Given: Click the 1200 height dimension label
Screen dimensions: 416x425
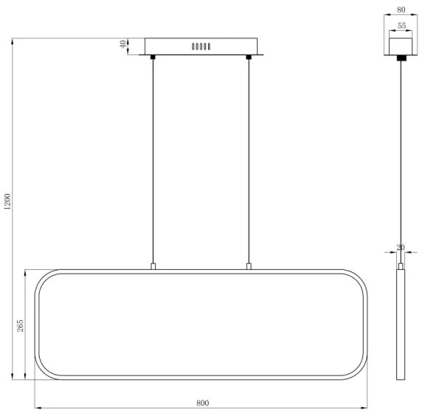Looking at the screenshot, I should (7, 201).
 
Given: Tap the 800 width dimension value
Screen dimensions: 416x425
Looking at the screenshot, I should (203, 403).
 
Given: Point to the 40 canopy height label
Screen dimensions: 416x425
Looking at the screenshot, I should (123, 46).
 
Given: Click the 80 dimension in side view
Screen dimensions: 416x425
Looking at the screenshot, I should (401, 10).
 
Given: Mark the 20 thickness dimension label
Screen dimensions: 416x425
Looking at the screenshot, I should (401, 247).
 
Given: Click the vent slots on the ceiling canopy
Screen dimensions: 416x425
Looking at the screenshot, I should (201, 46).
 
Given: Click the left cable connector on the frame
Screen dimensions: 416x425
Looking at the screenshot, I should (153, 266).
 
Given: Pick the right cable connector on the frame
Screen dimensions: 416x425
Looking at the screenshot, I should (249, 266).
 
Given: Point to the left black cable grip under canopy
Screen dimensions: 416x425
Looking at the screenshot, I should (153, 56).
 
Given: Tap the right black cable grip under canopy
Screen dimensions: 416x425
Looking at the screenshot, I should (249, 56).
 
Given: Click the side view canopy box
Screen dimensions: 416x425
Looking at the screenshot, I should (401, 44).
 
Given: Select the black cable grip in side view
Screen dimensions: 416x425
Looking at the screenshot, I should (401, 57).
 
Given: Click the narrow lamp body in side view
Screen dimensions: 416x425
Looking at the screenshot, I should (401, 325).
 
